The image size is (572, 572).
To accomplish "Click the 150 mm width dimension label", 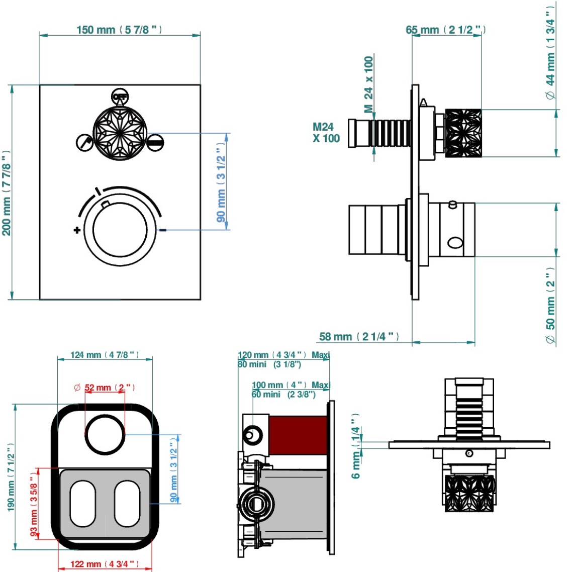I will click(119, 30).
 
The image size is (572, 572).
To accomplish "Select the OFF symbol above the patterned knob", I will click(120, 96).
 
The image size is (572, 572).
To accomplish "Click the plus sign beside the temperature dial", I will click(76, 230).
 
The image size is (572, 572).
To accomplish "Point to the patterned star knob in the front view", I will click(120, 133).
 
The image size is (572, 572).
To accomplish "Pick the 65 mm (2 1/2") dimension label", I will click(445, 30).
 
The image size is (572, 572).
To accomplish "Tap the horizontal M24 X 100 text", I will click(326, 133).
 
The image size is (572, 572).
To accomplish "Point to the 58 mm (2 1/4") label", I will click(359, 336).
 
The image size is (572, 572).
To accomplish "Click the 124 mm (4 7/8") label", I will click(105, 355).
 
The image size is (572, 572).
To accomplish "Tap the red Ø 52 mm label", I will click(105, 388).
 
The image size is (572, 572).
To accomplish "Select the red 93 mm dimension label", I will click(34, 503).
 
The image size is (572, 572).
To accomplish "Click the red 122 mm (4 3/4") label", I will click(105, 564).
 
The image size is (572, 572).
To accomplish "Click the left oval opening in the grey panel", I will click(82, 504).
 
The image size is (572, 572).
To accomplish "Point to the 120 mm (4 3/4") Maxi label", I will click(283, 355).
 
